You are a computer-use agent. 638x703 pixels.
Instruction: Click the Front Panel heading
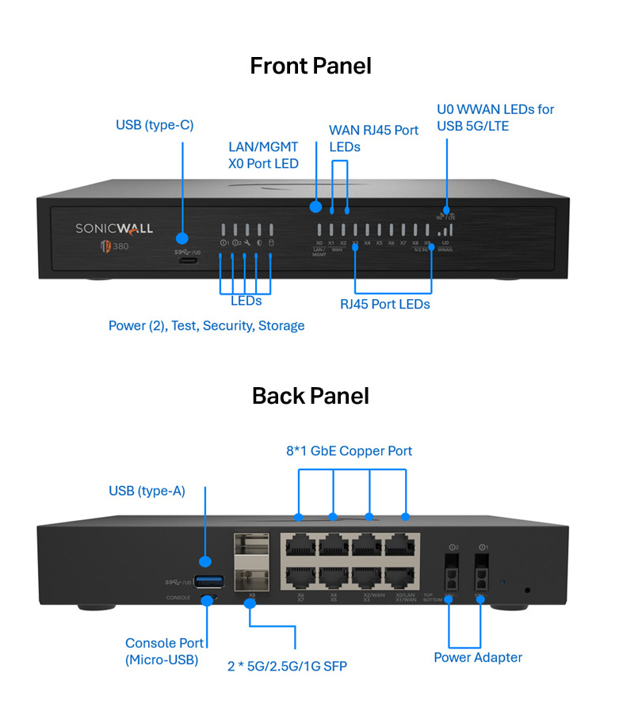point(310,65)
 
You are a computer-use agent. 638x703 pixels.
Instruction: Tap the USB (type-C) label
point(155,125)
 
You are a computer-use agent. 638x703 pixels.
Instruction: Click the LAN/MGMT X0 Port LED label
point(263,155)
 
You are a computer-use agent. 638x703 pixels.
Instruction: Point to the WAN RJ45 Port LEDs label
point(373,139)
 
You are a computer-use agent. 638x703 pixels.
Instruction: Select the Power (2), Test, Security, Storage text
point(206,325)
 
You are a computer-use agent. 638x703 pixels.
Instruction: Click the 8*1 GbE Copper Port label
point(349,450)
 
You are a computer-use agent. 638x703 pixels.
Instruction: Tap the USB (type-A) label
point(147,491)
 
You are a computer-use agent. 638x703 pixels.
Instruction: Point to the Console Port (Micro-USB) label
point(164,651)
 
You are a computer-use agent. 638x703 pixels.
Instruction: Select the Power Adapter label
point(477,657)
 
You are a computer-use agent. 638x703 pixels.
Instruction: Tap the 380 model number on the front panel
point(121,246)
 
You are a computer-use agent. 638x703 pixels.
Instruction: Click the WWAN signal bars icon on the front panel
point(448,230)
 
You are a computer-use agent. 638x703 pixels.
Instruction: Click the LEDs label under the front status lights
point(246,301)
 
